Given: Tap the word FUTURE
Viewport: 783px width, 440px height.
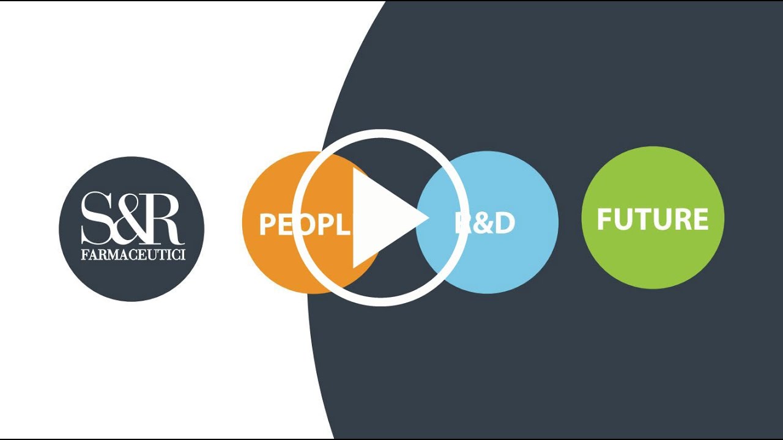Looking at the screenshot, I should tap(653, 219).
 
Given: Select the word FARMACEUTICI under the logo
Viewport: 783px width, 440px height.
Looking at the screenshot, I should tap(133, 254).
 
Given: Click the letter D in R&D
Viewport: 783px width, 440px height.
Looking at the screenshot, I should tap(503, 224).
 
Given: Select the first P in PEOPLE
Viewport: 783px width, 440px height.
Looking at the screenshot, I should tap(267, 224).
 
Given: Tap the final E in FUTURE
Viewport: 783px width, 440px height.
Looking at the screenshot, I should tap(701, 219).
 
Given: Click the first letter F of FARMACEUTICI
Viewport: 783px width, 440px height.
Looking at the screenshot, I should tap(84, 254).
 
